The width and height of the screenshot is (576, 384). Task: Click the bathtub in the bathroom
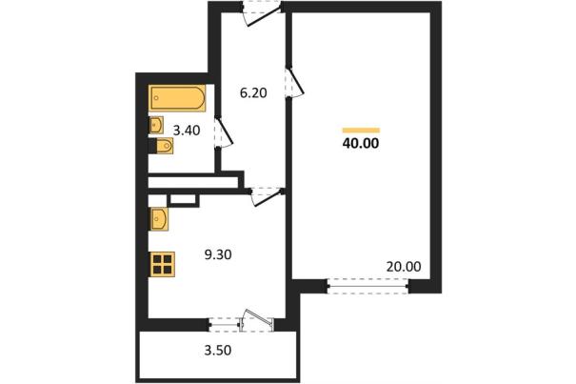(177, 98)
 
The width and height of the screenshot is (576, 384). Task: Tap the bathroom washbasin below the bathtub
(156, 125)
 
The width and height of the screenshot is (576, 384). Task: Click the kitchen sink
(158, 219)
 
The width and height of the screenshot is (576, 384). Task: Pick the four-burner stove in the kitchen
(163, 265)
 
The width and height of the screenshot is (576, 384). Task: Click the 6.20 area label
(253, 93)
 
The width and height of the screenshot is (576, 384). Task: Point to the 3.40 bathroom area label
(187, 131)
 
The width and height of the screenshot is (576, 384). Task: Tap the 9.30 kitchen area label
(218, 254)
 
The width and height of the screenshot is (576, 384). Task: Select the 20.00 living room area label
(404, 267)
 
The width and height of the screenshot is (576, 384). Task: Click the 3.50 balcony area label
(218, 350)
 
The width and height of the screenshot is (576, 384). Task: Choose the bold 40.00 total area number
(361, 144)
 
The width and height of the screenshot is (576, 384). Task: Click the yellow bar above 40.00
(361, 130)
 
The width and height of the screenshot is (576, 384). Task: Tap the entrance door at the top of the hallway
(262, 14)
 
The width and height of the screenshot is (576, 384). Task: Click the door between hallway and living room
(294, 82)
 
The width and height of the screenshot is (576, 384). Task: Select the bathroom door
(224, 132)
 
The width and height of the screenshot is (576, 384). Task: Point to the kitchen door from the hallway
(266, 196)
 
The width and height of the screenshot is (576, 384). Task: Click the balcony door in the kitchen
(257, 321)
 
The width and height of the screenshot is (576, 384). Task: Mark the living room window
(367, 286)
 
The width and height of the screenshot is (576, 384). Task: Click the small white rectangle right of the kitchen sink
(183, 199)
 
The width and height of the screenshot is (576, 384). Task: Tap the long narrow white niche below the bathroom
(193, 182)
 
